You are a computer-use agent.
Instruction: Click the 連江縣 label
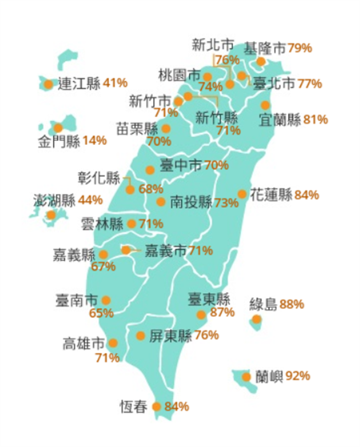tap(79, 83)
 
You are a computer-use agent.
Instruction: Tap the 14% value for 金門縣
tap(94, 141)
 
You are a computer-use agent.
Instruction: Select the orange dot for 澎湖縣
tap(51, 215)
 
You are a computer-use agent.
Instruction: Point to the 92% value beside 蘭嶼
tap(298, 376)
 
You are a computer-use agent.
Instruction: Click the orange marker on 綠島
tap(256, 320)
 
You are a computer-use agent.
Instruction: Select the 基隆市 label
tap(265, 48)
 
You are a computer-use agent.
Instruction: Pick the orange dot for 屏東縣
tap(140, 336)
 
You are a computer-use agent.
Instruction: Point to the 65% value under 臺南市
tap(101, 314)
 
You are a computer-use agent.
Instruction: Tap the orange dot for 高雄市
tap(113, 343)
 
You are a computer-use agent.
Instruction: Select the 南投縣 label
tap(191, 202)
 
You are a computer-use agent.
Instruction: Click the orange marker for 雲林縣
tap(131, 223)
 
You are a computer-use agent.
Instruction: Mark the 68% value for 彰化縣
tap(150, 189)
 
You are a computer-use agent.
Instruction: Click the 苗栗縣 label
tap(137, 128)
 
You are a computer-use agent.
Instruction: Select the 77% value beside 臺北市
tap(310, 83)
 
